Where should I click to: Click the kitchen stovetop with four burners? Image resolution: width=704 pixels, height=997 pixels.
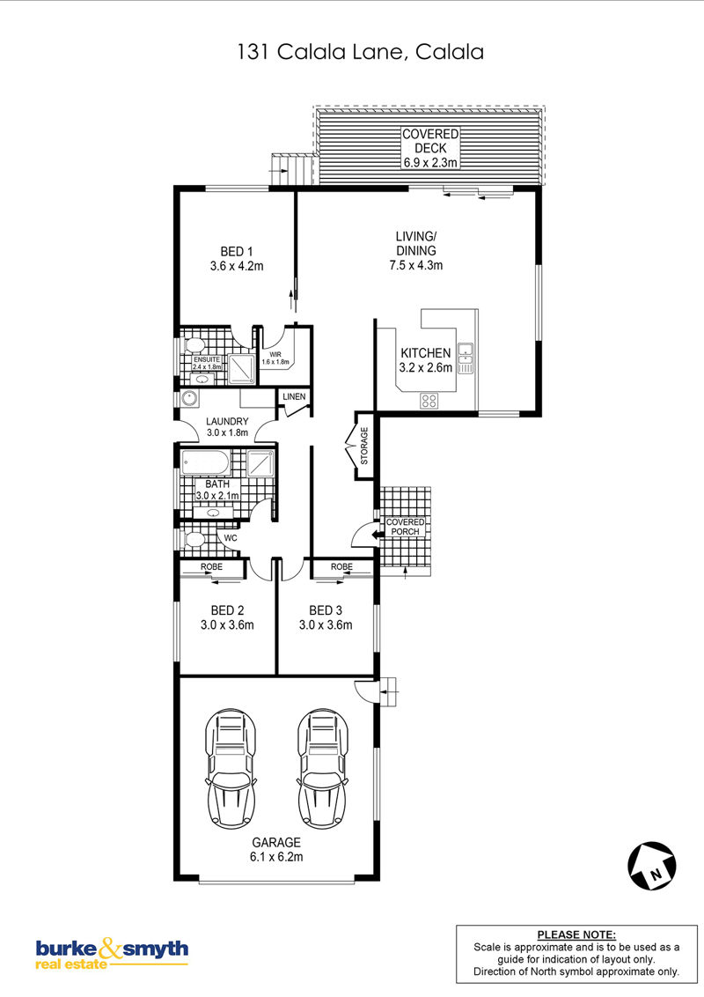coord(429,401)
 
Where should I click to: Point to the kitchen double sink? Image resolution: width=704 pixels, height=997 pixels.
coord(466,358)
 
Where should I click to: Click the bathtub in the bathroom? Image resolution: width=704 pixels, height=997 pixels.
coord(205,462)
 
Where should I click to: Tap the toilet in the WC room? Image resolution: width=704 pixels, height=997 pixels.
coord(193,540)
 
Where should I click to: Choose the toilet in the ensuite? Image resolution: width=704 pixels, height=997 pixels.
coord(193,345)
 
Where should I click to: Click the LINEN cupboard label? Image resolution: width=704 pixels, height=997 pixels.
coord(294,396)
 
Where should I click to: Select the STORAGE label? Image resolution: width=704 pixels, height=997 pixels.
coord(364,445)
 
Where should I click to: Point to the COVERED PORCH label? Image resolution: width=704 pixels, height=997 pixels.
coord(406,527)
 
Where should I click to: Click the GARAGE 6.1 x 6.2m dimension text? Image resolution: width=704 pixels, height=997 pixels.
coord(276,850)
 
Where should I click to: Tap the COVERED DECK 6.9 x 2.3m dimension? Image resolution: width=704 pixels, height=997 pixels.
coord(430,148)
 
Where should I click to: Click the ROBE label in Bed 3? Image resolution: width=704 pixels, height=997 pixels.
coord(341,566)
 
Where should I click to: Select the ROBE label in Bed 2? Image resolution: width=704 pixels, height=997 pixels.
coord(211,566)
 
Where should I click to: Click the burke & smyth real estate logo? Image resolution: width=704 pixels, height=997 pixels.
coord(112,953)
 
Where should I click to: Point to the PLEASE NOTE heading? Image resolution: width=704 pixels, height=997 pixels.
coord(576,934)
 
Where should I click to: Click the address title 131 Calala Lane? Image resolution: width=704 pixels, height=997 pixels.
coord(360,51)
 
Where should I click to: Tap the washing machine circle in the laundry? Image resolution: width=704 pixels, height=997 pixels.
coord(189,399)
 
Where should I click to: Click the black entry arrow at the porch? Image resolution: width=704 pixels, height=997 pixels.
coord(378,535)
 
